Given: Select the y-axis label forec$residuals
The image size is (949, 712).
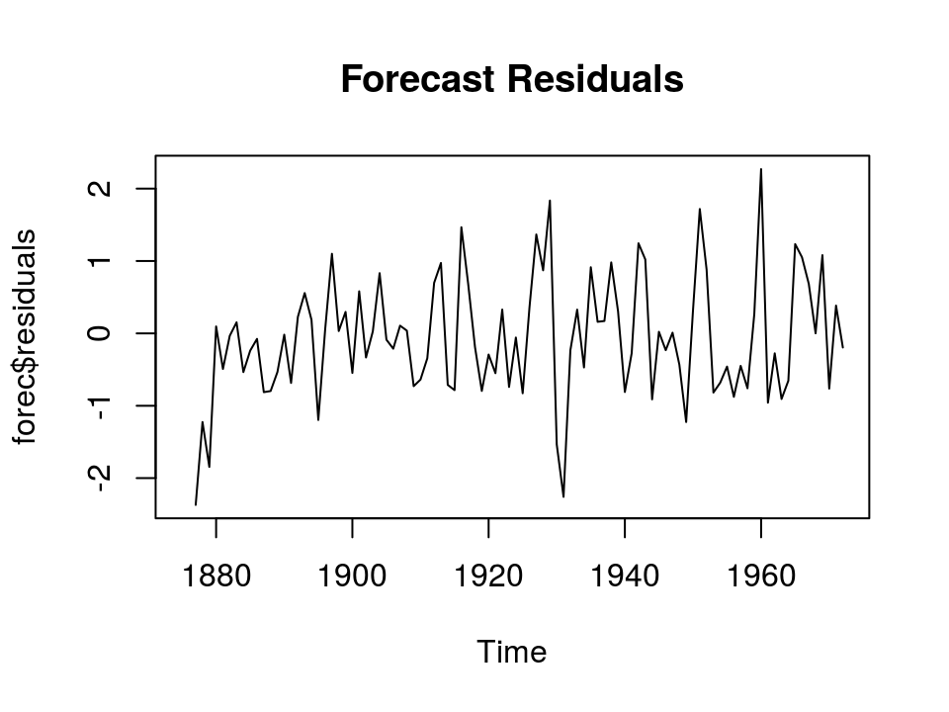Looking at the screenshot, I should coord(27,336).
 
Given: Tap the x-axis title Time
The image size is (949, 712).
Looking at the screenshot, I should coord(511,653).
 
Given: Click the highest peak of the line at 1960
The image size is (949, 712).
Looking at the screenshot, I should coord(761,169).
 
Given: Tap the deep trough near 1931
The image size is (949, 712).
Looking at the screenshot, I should coord(563,496).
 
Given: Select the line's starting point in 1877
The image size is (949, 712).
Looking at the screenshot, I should coord(196,504).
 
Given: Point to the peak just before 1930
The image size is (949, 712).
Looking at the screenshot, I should coord(550,201).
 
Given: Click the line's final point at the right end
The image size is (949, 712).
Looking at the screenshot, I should coord(842,348).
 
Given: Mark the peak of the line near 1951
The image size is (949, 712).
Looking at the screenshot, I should coord(700,209).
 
